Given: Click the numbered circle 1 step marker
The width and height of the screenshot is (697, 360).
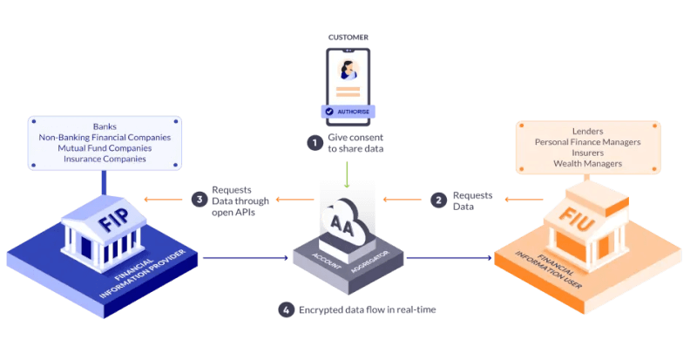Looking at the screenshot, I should pos(314,142).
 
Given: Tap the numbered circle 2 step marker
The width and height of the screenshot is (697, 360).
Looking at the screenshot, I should pos(437,200).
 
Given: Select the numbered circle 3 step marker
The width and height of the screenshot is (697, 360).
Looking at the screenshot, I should pos(199,199).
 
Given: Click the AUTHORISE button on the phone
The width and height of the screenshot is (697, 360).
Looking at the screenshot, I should pos(348,112).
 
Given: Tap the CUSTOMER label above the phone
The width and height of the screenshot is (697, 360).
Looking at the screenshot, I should pos(348,37).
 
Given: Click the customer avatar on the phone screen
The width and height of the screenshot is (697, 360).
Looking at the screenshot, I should pos(348,67).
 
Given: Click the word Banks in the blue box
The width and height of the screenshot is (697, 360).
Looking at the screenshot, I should pos(104,126).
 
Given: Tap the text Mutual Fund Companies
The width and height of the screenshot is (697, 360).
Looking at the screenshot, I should pos(104,148).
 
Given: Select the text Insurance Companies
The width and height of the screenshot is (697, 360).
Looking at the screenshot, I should pos(104,160).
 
